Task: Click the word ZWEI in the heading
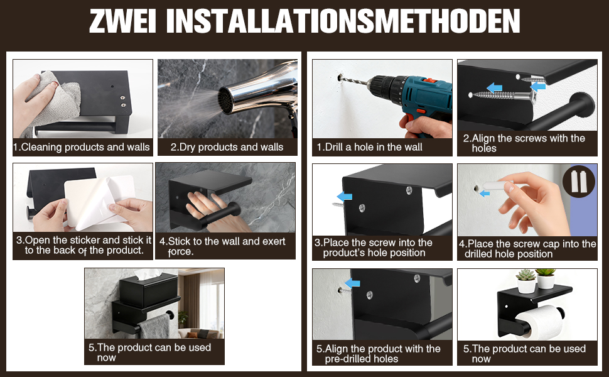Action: coord(122,21)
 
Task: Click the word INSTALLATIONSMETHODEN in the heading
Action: coord(343,21)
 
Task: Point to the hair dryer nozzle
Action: coord(229,99)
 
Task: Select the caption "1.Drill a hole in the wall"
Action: coord(369,147)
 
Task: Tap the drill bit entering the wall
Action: coord(354,80)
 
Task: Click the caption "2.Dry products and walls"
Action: coord(227,147)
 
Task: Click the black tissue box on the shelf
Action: coord(148,289)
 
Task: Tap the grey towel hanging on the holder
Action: coord(154,327)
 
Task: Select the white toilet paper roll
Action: coord(541,321)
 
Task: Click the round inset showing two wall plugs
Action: coord(579,181)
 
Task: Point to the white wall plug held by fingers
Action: coord(495,186)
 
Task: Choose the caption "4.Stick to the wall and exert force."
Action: coord(222,246)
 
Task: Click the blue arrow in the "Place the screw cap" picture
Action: coord(485,193)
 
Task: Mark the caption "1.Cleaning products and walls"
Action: coord(81,147)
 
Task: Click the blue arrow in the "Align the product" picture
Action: coord(352,283)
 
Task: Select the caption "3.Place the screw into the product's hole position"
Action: coord(373,248)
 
